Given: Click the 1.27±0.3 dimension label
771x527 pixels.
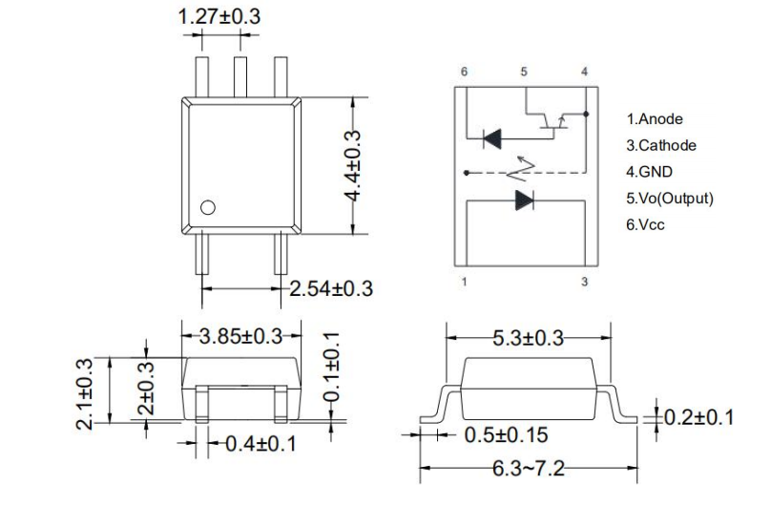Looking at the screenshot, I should click(x=220, y=16).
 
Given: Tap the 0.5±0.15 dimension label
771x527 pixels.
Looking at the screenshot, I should click(x=506, y=435).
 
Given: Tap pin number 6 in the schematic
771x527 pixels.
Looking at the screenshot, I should click(x=464, y=73).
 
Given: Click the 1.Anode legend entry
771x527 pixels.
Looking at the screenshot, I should click(x=655, y=119).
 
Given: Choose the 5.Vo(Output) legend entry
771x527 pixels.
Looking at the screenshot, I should click(x=670, y=199).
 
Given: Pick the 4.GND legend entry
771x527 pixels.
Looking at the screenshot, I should click(x=649, y=172).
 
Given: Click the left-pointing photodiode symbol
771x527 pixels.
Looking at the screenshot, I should click(x=492, y=138).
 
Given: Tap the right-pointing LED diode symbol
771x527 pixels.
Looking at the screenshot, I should click(x=524, y=200).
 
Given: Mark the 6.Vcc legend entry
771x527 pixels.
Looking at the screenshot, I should click(x=647, y=225).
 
